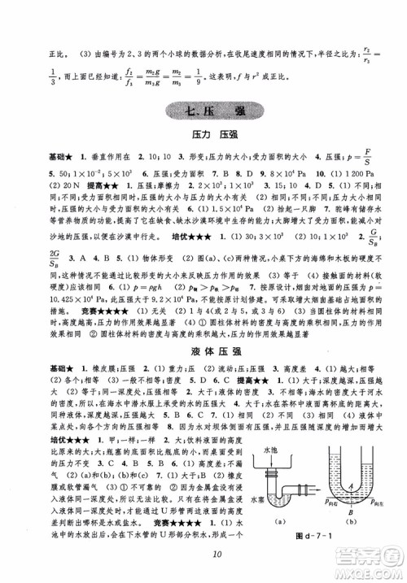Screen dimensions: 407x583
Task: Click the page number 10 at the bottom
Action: tap(203, 555)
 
